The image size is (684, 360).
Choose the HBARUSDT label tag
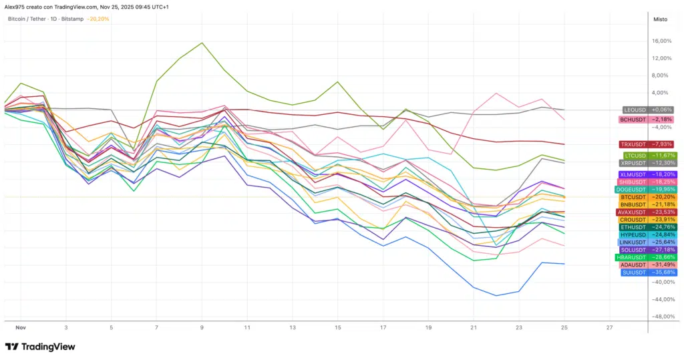(x=646, y=257)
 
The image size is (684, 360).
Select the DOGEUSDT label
(x=646, y=189)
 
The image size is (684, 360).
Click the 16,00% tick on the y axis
(x=661, y=41)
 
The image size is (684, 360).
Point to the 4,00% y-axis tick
(x=661, y=92)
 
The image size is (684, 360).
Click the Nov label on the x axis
(x=20, y=329)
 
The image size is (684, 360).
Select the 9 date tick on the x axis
(x=202, y=329)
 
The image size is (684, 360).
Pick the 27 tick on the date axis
(x=609, y=329)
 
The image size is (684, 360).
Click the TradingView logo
(x=40, y=347)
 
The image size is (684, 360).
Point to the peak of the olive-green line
(x=202, y=43)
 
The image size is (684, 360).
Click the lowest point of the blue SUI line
(x=496, y=295)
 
